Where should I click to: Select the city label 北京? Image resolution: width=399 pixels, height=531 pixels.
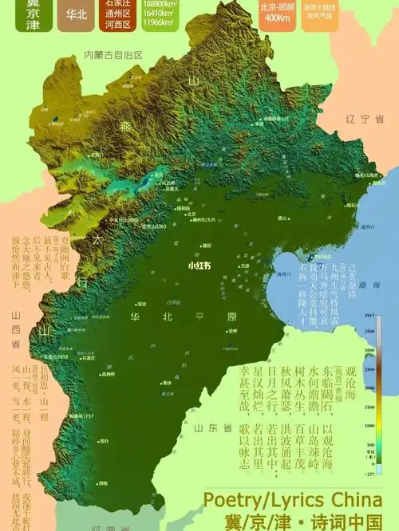pyautogui.click(x=192, y=214)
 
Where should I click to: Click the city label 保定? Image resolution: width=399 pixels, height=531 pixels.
pyautogui.click(x=141, y=305)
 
